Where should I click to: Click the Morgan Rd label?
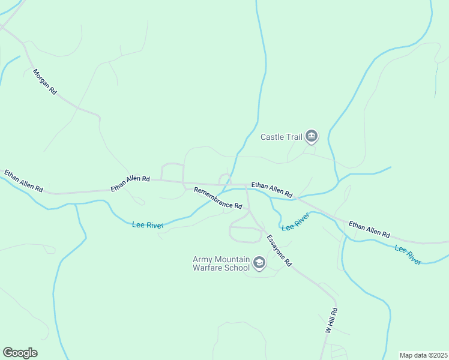[45, 82]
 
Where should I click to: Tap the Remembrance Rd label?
[218, 198]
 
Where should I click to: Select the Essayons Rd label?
[279, 250]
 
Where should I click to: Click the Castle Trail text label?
[281, 137]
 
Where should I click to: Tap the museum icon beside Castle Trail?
[312, 137]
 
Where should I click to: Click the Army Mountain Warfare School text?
[220, 263]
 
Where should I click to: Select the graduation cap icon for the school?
[259, 263]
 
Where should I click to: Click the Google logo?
[20, 353]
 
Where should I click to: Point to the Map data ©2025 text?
[423, 355]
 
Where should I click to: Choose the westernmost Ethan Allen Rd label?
[23, 181]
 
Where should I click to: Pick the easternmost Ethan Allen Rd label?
[369, 229]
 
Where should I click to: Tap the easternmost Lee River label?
[408, 254]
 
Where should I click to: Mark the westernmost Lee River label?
[148, 225]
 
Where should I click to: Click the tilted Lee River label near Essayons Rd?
[295, 221]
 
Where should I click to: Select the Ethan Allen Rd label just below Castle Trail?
[271, 190]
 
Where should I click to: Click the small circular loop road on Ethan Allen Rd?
[224, 179]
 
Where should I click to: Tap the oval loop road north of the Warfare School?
[246, 234]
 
